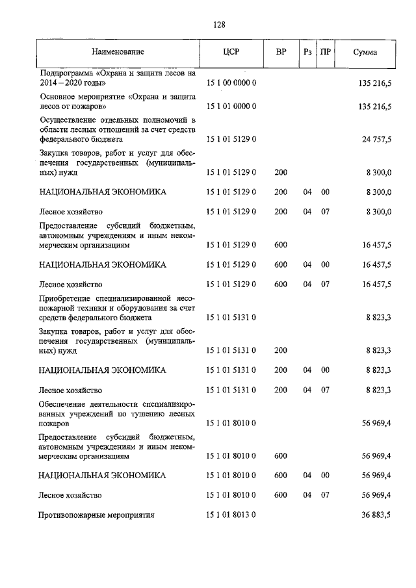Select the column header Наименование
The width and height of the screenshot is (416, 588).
(x=118, y=51)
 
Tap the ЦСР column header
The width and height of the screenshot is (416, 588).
(x=231, y=51)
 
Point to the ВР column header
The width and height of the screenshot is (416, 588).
(x=281, y=51)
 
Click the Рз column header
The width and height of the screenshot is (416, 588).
(x=307, y=51)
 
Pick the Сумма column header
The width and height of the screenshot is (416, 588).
(x=365, y=51)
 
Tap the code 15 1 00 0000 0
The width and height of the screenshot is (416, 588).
(x=232, y=84)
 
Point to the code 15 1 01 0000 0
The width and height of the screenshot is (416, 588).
(x=232, y=106)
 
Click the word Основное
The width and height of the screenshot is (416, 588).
(x=57, y=96)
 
